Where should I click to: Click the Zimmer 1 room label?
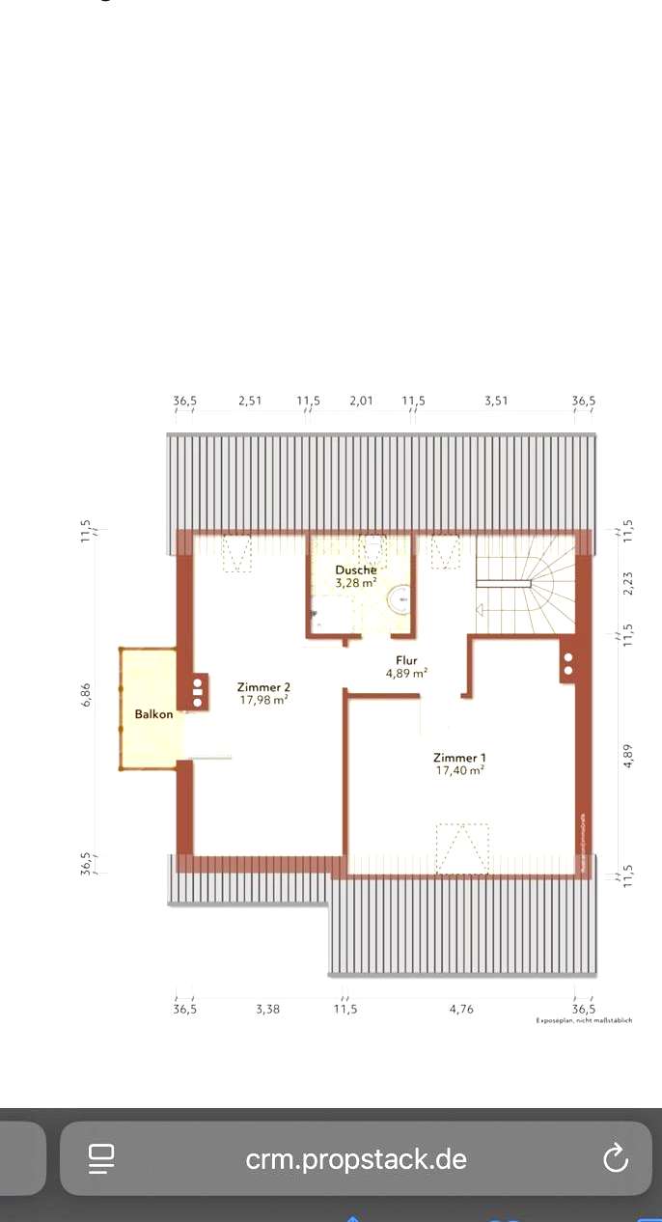458,758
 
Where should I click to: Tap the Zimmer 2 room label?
263,687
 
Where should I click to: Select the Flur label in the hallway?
406,660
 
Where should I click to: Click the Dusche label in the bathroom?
356,570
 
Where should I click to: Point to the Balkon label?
154,714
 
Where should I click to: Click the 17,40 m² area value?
458,770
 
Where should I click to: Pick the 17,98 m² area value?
263,700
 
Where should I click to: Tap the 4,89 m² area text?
406,674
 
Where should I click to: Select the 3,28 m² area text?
356,583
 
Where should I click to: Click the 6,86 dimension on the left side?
86,694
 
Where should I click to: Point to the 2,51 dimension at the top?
251,401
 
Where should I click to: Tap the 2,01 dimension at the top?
360,401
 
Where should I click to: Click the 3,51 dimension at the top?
495,401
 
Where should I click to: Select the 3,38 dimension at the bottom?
267,1009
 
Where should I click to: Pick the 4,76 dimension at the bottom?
461,1009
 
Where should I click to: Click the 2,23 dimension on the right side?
628,584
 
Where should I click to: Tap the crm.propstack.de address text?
356,1159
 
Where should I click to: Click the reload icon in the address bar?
615,1159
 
